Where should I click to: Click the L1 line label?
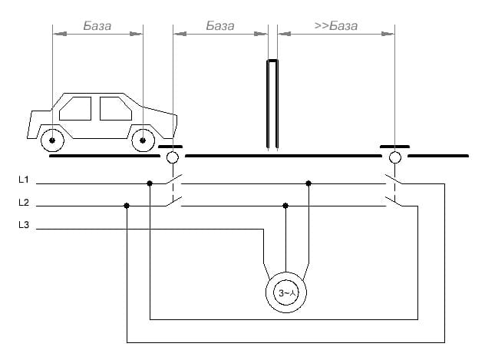pos(24,180)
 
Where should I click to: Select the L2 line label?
pos(24,203)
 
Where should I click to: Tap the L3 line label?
pos(24,225)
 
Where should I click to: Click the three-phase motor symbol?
pos(286,292)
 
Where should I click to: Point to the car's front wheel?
pos(143,140)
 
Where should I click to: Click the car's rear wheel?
pos(52,140)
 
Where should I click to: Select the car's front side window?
pos(116,108)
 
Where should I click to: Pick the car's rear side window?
pos(75,108)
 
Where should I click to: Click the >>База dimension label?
pos(336,25)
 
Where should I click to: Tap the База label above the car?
pos(97,25)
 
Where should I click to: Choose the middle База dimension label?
pos(220,25)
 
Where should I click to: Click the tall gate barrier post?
pos(272,104)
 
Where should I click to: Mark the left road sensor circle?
pos(173,157)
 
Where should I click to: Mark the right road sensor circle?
pos(395,157)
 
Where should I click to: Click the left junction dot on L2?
pos(127,206)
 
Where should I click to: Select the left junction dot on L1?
pos(150,183)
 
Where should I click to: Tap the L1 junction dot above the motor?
pos(308,183)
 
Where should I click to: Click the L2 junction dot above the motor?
pos(285,206)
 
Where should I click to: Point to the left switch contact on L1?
pos(173,180)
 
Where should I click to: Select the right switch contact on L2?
pos(394,201)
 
